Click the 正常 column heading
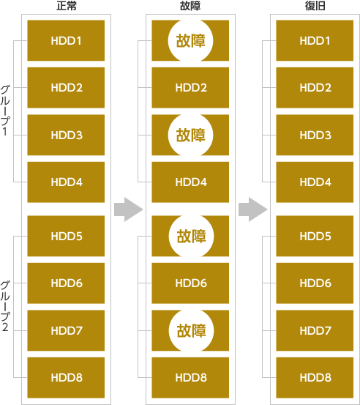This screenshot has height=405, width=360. pyautogui.click(x=67, y=6)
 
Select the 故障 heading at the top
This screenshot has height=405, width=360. pyautogui.click(x=190, y=6)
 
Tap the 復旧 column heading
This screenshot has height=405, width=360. pyautogui.click(x=315, y=6)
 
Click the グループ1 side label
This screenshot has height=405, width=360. pyautogui.click(x=5, y=111)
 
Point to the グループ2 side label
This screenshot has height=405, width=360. pyautogui.click(x=5, y=306)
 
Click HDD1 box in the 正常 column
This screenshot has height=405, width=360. pyautogui.click(x=66, y=40)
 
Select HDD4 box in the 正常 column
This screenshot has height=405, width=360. pyautogui.click(x=66, y=182)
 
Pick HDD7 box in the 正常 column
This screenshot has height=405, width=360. pyautogui.click(x=66, y=330)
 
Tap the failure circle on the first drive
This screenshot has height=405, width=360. pyautogui.click(x=190, y=40)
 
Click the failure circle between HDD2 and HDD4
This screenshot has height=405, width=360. pyautogui.click(x=190, y=135)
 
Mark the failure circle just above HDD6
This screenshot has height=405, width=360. pyautogui.click(x=191, y=236)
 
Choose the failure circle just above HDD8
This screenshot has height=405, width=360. pyautogui.click(x=191, y=330)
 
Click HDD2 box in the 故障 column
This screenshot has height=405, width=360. pyautogui.click(x=190, y=88)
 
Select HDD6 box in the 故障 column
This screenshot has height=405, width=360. pyautogui.click(x=190, y=283)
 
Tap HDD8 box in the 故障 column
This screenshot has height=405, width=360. pyautogui.click(x=190, y=378)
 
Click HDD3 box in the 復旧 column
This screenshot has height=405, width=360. pyautogui.click(x=315, y=135)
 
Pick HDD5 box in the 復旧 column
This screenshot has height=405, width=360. pyautogui.click(x=315, y=236)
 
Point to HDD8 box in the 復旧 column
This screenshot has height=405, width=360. pyautogui.click(x=315, y=378)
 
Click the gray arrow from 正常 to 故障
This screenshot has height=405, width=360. pyautogui.click(x=129, y=209)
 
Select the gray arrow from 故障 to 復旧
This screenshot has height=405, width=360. pyautogui.click(x=253, y=209)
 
